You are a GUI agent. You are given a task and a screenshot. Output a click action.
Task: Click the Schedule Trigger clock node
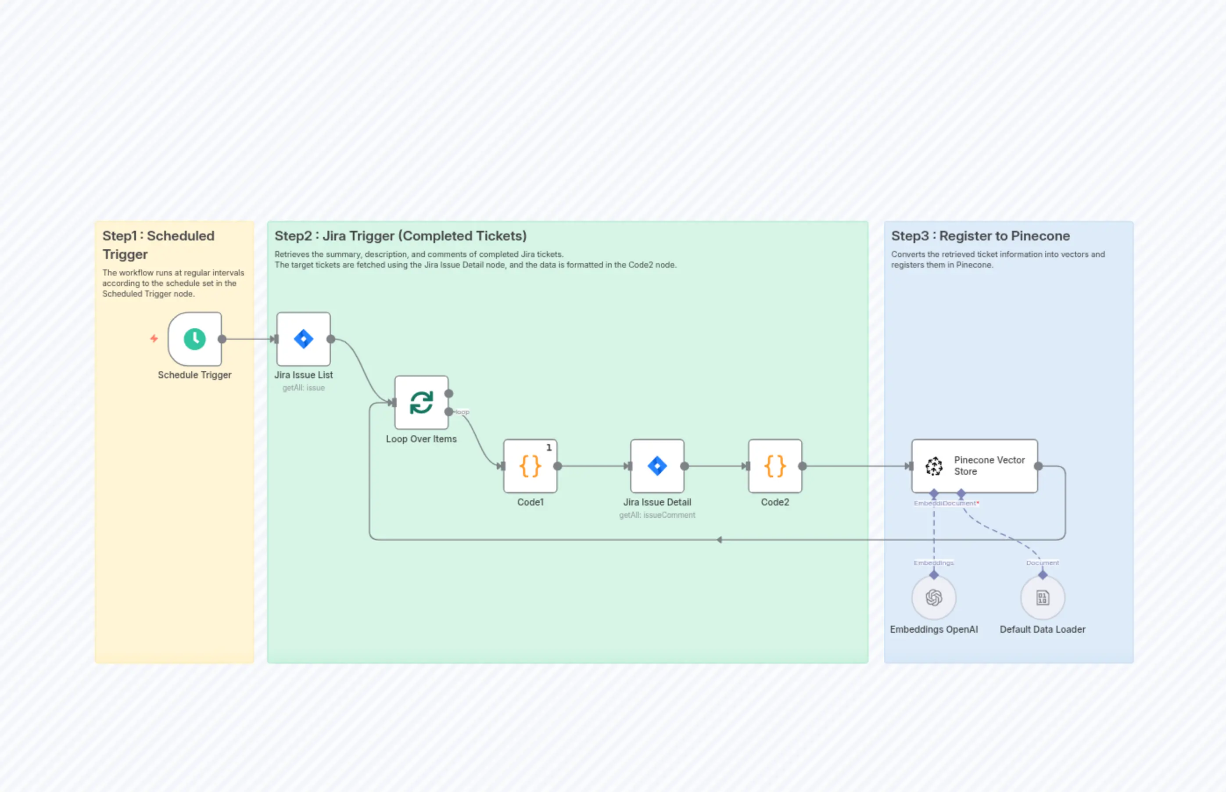click(195, 339)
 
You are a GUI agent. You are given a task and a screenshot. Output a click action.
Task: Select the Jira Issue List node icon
click(303, 339)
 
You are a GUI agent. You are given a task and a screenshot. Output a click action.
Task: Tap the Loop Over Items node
click(421, 403)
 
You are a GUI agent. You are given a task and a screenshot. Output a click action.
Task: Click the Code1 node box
click(530, 466)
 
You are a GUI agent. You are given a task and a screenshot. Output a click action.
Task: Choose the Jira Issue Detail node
click(657, 466)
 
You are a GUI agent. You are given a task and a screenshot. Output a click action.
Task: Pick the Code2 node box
click(775, 466)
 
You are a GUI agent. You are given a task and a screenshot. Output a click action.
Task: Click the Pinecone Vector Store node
click(975, 466)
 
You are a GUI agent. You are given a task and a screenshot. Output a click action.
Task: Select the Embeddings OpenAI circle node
click(934, 598)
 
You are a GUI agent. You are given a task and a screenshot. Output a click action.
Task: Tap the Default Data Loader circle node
click(1043, 598)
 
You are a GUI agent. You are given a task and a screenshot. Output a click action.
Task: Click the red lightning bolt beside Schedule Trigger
click(154, 338)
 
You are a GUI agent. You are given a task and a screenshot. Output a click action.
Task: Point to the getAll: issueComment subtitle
click(657, 515)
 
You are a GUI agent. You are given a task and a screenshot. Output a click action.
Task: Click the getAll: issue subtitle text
click(303, 388)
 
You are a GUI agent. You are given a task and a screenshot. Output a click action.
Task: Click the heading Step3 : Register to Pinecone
click(980, 236)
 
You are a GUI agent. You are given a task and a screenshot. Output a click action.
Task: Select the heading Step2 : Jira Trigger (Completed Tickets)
click(400, 236)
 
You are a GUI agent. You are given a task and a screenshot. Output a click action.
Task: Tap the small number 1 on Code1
click(549, 448)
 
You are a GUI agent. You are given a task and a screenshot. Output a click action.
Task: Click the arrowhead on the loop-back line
click(720, 540)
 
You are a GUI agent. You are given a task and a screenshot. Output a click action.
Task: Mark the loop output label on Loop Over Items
click(462, 412)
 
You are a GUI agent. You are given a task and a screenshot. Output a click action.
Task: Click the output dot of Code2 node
click(802, 466)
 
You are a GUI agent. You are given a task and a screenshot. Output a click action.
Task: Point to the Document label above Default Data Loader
click(1043, 563)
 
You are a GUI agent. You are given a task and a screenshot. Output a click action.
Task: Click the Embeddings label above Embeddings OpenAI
click(934, 563)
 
